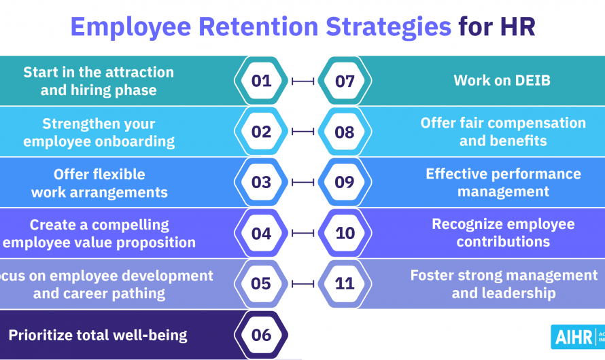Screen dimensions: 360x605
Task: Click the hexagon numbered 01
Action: tap(261, 82)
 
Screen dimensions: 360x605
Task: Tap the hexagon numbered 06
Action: tap(261, 335)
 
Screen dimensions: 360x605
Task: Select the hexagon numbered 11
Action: tap(345, 284)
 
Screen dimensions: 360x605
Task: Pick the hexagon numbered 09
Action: tap(345, 183)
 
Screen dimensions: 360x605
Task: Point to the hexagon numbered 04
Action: tap(261, 234)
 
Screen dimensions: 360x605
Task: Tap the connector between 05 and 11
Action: tap(302, 284)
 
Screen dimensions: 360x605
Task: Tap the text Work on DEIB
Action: tap(502, 81)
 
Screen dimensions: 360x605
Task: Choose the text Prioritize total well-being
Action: tap(98, 334)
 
